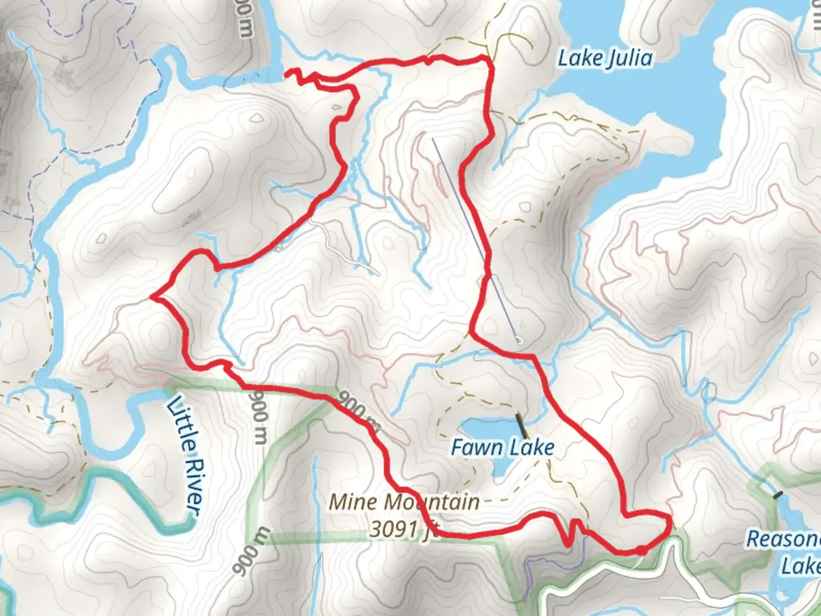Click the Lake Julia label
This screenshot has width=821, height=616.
tap(605, 58)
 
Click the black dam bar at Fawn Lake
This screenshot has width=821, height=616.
tap(521, 426)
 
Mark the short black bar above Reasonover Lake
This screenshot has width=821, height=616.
tap(778, 495)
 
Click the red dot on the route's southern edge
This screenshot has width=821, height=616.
tap(641, 550)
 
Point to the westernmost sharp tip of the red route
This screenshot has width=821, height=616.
tap(151, 297)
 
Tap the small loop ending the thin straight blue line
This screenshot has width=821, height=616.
tap(519, 341)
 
